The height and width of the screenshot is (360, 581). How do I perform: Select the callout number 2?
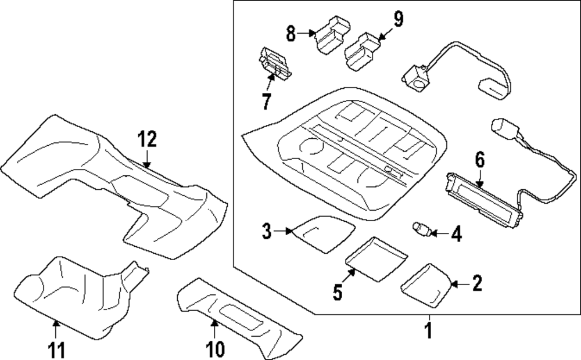[x=477, y=283]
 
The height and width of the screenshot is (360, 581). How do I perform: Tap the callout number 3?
[x=266, y=232]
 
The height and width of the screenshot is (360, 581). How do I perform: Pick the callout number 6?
[x=480, y=159]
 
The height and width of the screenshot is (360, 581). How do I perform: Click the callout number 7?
[x=266, y=101]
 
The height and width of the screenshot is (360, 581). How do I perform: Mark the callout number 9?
[x=397, y=20]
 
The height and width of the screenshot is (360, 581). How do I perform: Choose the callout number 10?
[x=214, y=349]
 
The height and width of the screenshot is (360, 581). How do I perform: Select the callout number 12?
[x=148, y=139]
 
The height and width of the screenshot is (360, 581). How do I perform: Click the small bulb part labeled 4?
[x=421, y=229]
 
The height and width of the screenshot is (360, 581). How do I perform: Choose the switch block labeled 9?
[x=363, y=50]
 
